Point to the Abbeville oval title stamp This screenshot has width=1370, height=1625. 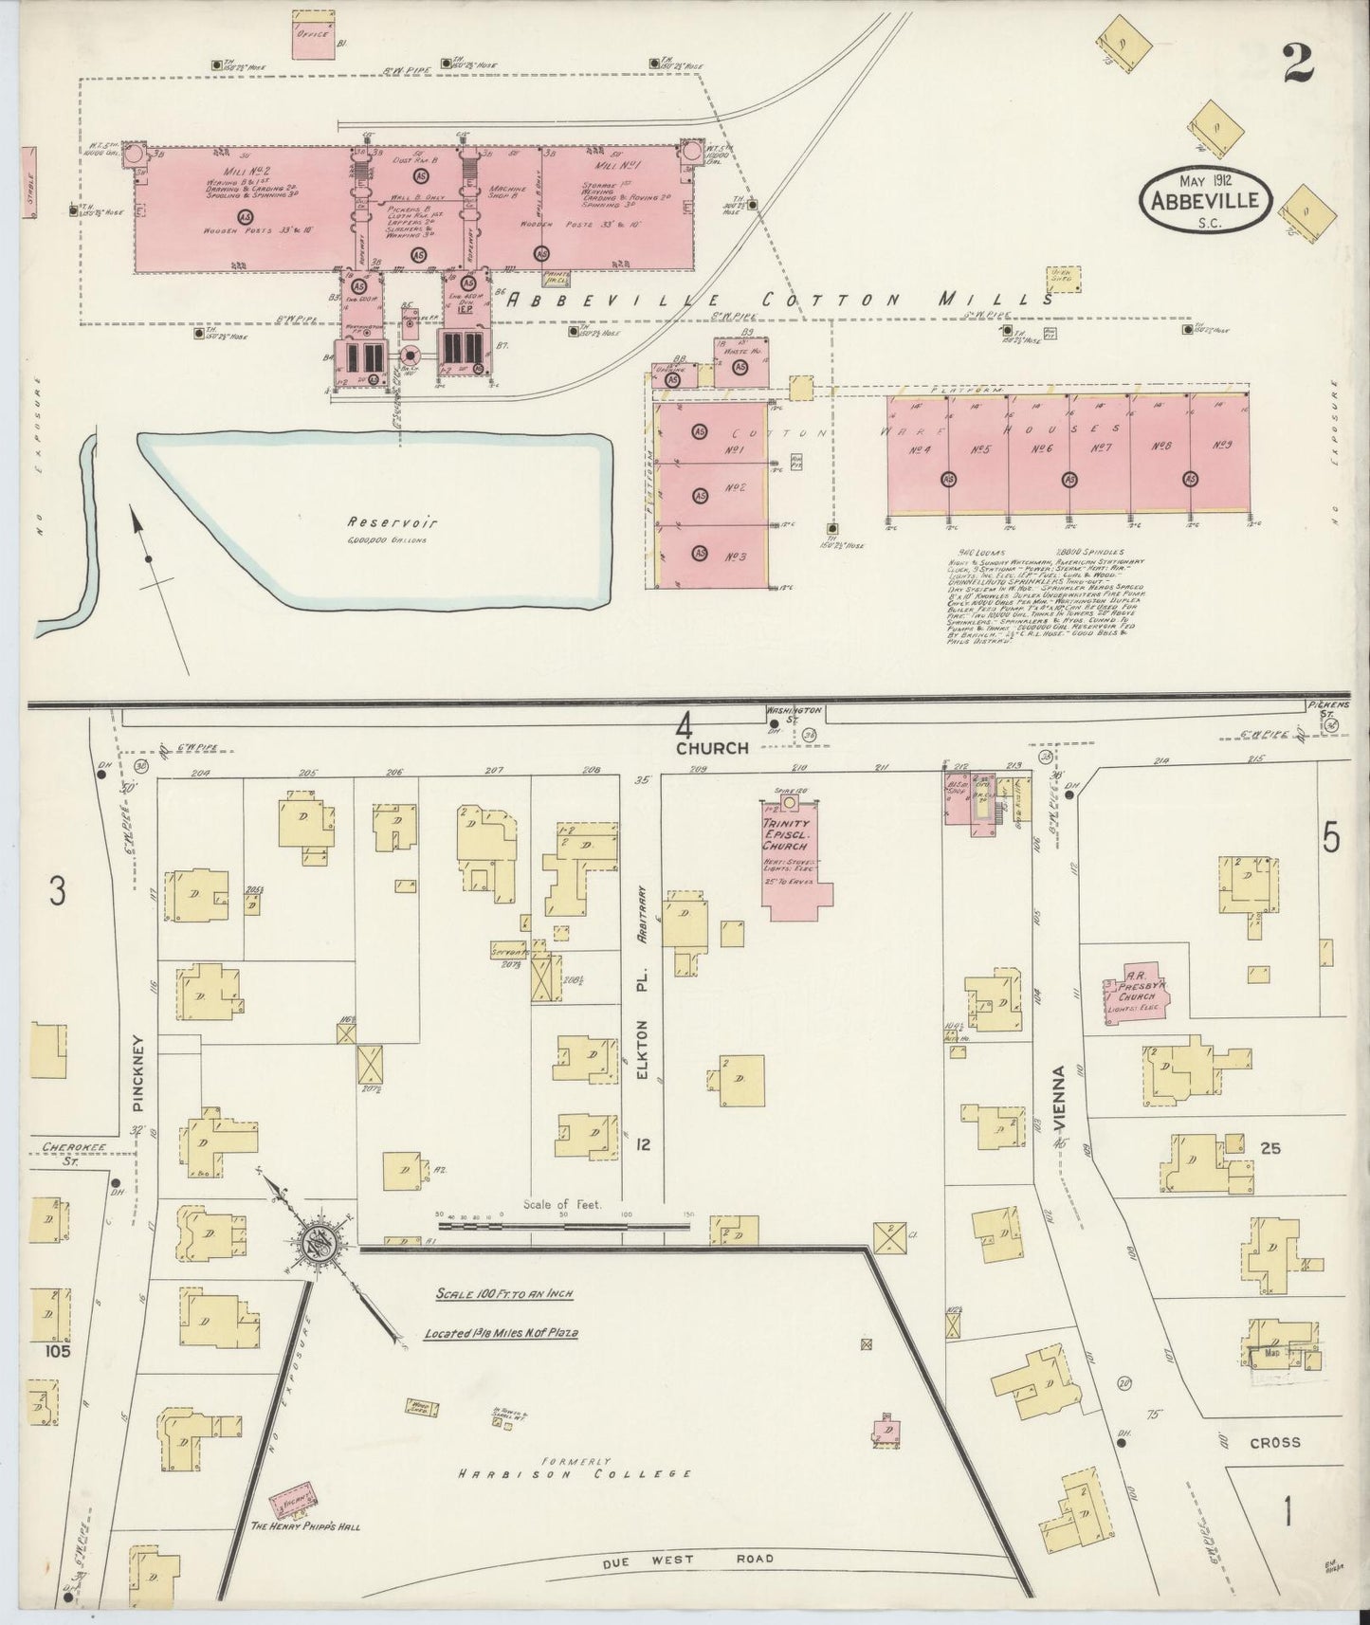pyautogui.click(x=1206, y=199)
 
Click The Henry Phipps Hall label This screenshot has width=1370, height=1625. pyautogui.click(x=305, y=1527)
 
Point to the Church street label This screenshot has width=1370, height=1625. pyautogui.click(x=712, y=748)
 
